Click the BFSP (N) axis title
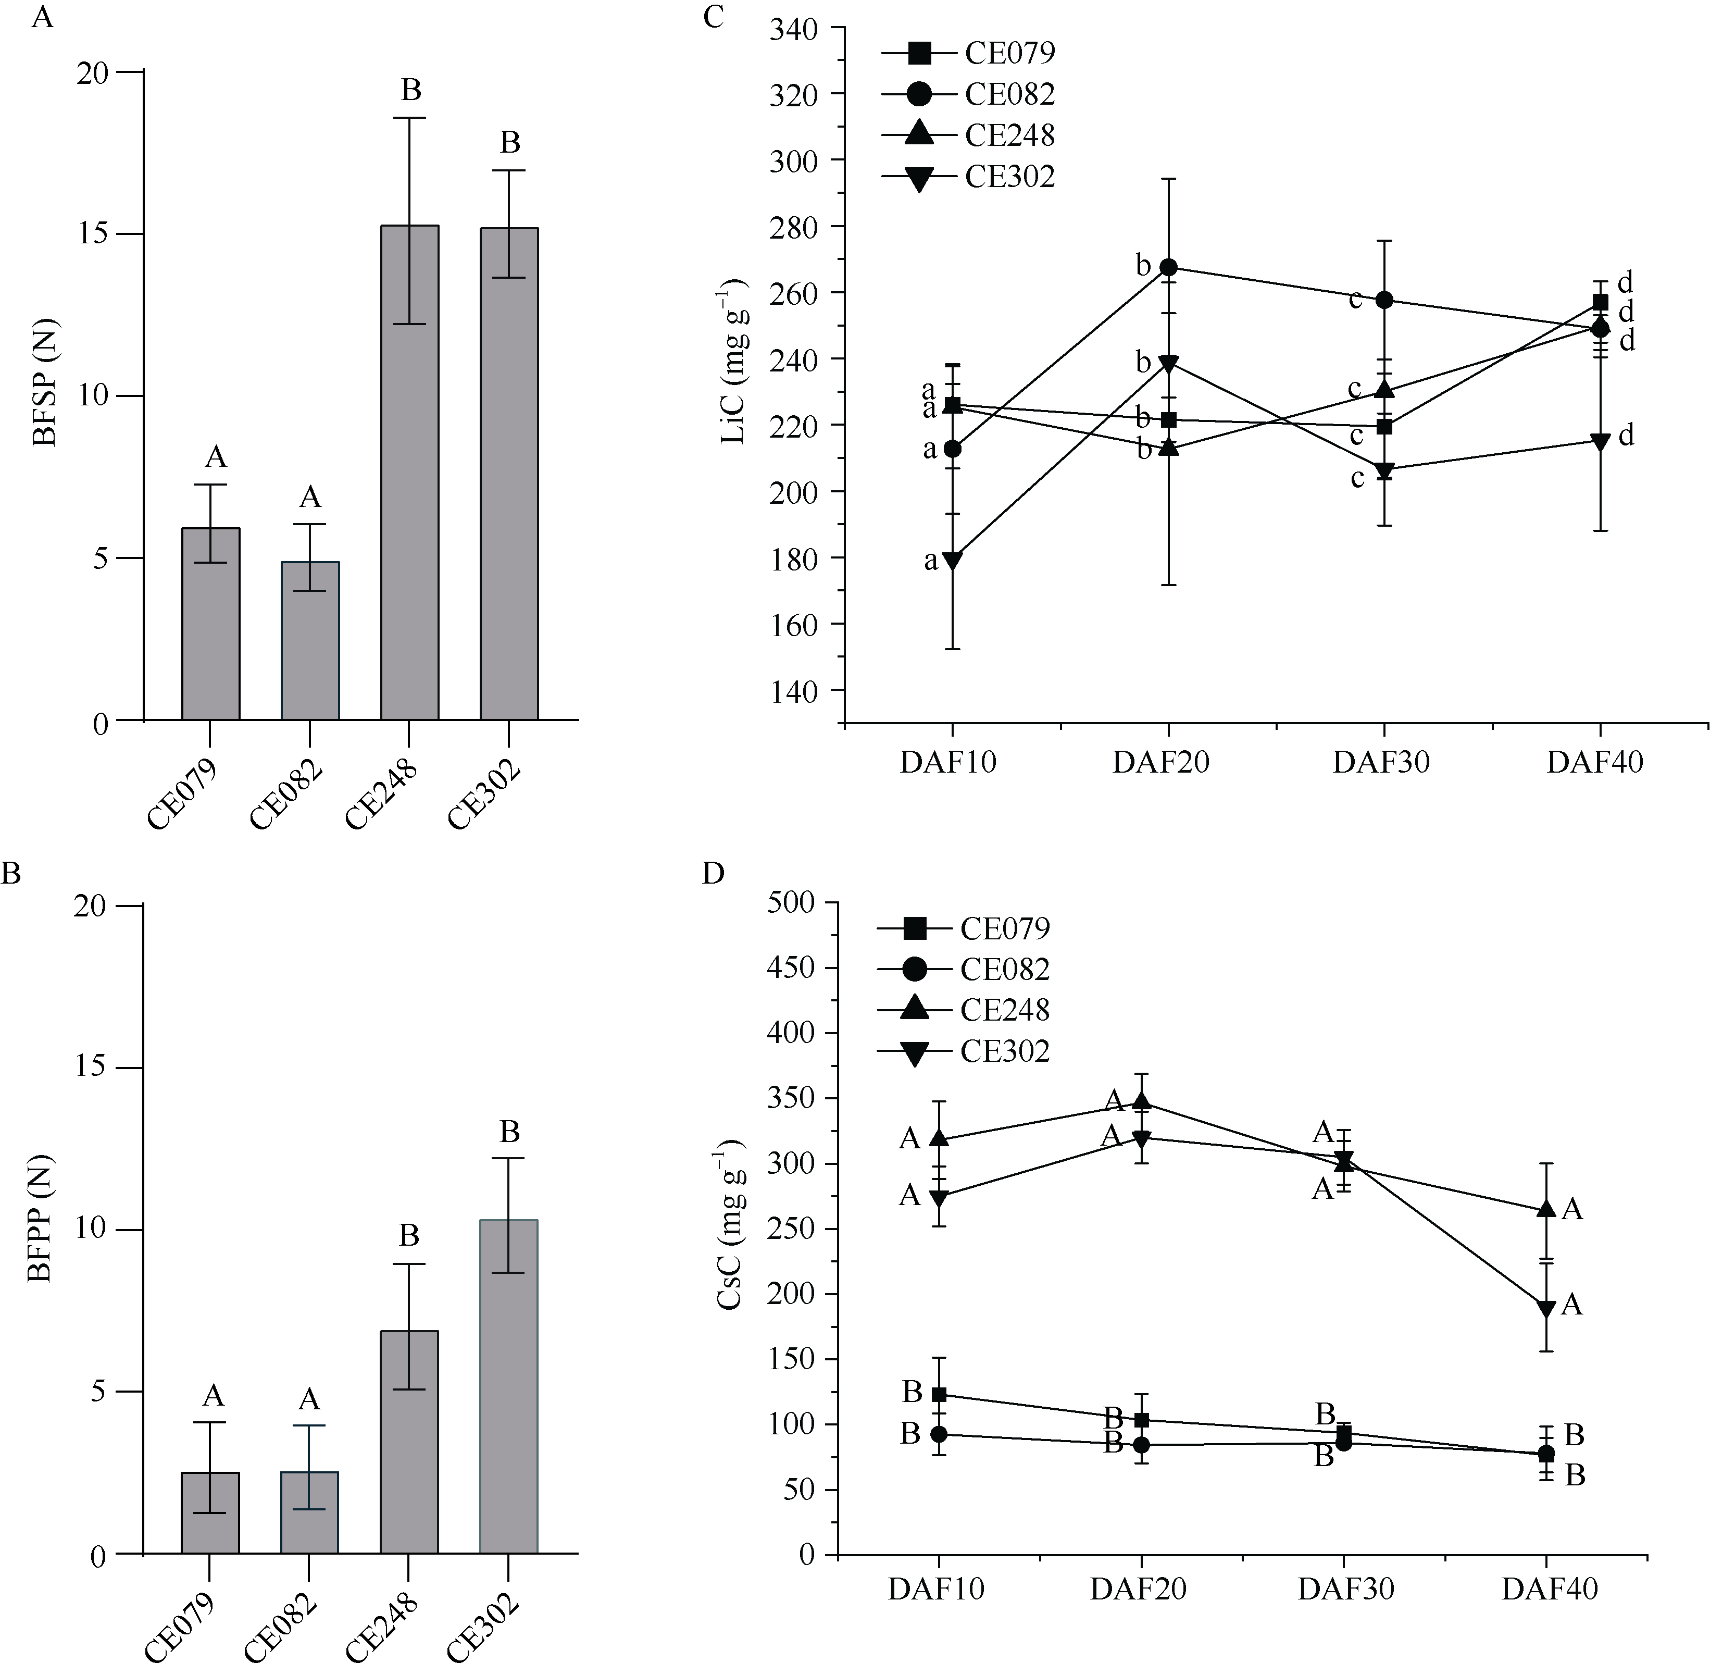(x=44, y=397)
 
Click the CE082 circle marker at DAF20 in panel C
(x=1168, y=267)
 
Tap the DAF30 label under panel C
(x=1380, y=762)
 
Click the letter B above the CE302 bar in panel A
(x=510, y=143)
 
